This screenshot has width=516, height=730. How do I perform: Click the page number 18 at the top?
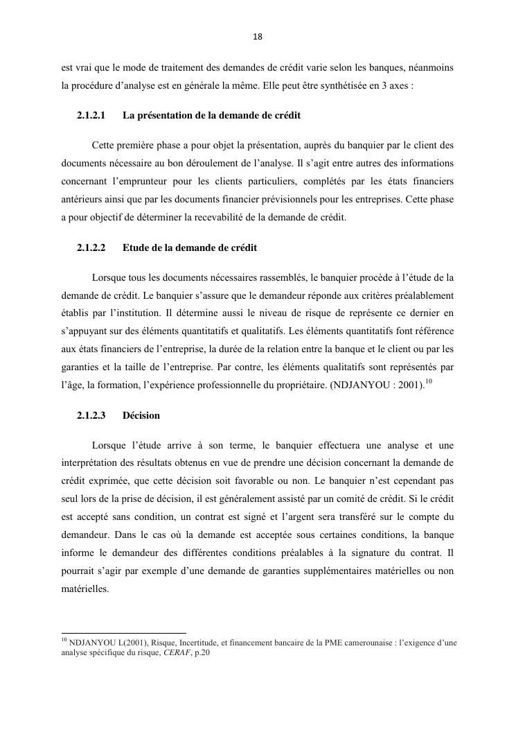pos(258,37)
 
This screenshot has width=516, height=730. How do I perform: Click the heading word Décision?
pos(141,416)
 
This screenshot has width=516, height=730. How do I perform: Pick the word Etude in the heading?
pos(134,247)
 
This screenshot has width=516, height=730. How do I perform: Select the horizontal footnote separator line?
pos(124,632)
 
